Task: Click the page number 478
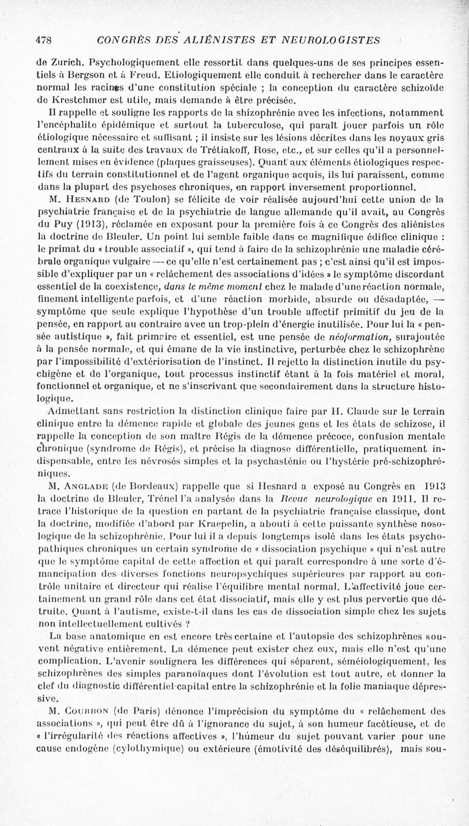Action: click(x=45, y=40)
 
